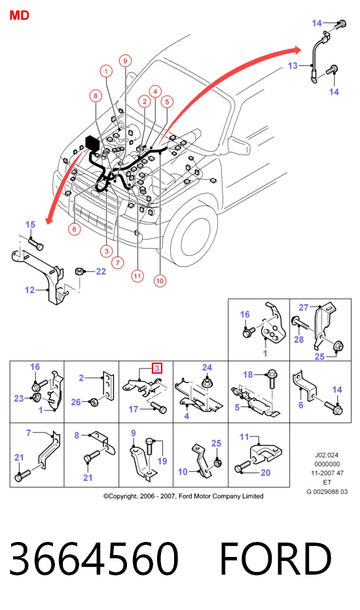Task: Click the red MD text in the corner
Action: (x=19, y=15)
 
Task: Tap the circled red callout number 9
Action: (x=125, y=61)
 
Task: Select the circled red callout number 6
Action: (x=75, y=229)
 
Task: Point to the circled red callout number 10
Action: (x=160, y=281)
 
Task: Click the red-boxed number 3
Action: (x=157, y=368)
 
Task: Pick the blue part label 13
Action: (x=293, y=65)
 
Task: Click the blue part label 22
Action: (x=101, y=271)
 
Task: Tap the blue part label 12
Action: (x=29, y=290)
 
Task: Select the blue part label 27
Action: (x=304, y=308)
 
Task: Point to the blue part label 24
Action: (x=207, y=367)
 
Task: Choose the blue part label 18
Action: (x=248, y=374)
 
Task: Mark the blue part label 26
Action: (x=76, y=402)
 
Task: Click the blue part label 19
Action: (x=162, y=461)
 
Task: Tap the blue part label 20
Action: (x=266, y=473)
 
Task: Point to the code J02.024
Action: (x=327, y=454)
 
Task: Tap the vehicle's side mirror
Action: (x=240, y=145)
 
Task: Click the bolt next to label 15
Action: (x=36, y=244)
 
